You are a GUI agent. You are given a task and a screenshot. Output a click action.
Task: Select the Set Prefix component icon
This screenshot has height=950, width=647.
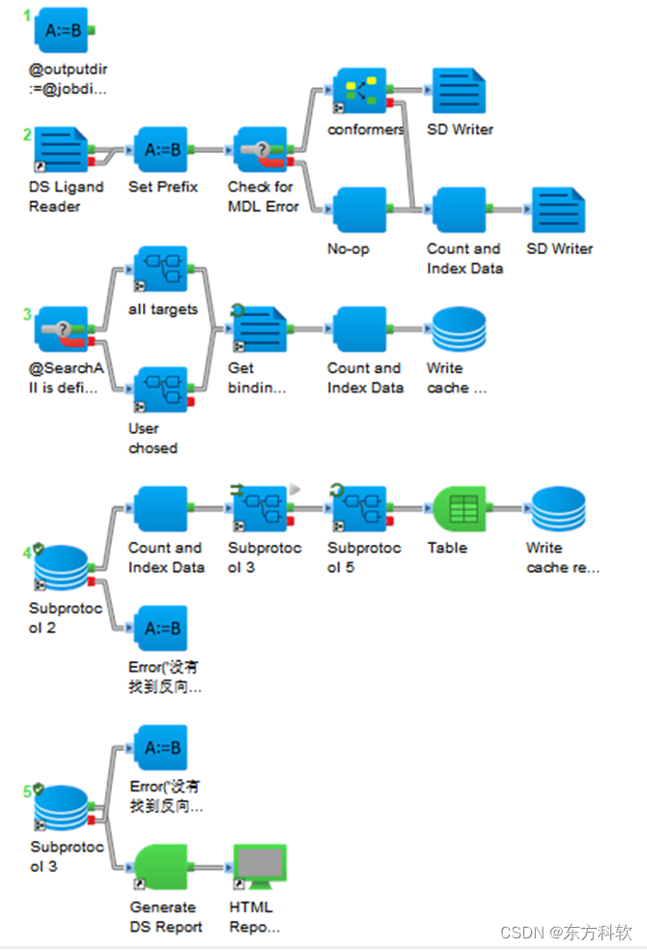click(x=161, y=151)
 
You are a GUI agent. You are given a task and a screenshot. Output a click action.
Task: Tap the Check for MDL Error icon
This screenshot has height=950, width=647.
click(x=261, y=151)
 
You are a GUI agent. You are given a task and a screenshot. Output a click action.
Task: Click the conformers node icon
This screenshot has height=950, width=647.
click(x=359, y=93)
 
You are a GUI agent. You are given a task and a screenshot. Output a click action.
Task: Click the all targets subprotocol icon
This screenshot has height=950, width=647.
click(x=161, y=272)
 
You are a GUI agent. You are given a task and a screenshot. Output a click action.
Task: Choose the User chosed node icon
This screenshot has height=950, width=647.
click(x=161, y=391)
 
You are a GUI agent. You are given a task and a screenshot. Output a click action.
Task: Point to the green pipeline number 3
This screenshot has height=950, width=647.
click(x=28, y=314)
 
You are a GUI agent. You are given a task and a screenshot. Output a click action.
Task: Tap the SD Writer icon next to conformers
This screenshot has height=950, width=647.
click(x=459, y=93)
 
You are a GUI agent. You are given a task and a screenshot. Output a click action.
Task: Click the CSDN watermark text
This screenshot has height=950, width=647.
click(x=566, y=932)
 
